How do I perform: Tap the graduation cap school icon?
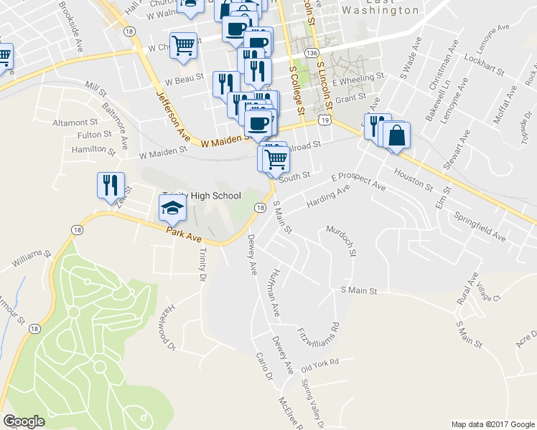[172, 209]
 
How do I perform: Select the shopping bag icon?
[396, 135]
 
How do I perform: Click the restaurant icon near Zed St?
[111, 186]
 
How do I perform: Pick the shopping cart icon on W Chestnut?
[184, 46]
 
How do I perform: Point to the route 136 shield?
[311, 54]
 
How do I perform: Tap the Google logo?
[24, 422]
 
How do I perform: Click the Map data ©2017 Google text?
[492, 424]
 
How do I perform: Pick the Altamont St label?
[75, 123]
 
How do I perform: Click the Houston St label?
[412, 181]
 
